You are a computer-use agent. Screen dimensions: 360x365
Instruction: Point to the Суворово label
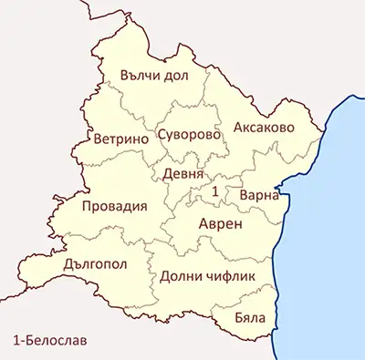(190, 134)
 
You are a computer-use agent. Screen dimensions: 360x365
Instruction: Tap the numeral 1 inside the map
(214, 191)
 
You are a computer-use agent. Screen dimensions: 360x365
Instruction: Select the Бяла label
(250, 318)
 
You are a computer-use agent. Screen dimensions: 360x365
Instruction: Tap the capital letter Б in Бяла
(239, 318)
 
